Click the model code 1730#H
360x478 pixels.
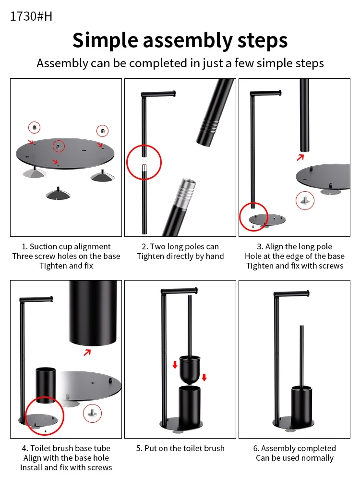coord(31,16)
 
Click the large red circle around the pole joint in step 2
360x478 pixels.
coord(144,162)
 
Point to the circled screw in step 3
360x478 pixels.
coord(305,200)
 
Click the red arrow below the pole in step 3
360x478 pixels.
coord(300,157)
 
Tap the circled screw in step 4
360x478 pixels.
coord(92,413)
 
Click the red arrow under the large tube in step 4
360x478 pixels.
coord(87,353)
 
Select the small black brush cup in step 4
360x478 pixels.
coord(46,385)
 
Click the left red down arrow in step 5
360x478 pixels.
coord(175,365)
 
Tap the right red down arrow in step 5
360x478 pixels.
coord(204,377)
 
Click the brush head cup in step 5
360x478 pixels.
coord(190,369)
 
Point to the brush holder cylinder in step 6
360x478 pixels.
coord(301,407)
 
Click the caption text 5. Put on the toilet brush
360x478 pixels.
coord(180,448)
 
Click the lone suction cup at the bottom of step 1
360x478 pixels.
coord(58,194)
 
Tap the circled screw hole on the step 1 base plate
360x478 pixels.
coord(59,147)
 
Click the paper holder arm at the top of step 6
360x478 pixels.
coord(291,294)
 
